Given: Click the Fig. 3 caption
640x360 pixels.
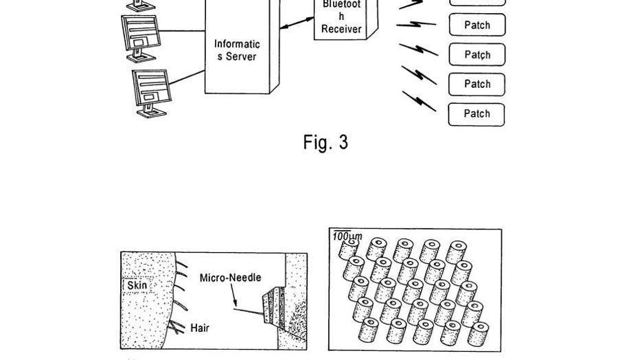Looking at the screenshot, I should (x=325, y=142).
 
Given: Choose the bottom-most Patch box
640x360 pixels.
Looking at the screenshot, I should (x=477, y=114).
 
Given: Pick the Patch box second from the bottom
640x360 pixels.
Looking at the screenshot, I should (x=477, y=85).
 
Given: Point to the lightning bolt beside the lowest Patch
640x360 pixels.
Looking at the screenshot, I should (x=419, y=101).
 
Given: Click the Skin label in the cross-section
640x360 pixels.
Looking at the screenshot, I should (x=137, y=285).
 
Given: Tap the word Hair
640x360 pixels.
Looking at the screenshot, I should (x=200, y=328).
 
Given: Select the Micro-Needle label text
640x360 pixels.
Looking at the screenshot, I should (x=230, y=278).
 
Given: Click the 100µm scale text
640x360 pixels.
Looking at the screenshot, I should (x=347, y=237).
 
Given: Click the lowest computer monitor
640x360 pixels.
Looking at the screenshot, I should (x=151, y=91).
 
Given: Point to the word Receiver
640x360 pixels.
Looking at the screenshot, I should (x=341, y=29).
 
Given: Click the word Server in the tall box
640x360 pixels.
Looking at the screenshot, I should (x=241, y=56).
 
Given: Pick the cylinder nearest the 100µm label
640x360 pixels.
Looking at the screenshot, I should (x=352, y=248).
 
